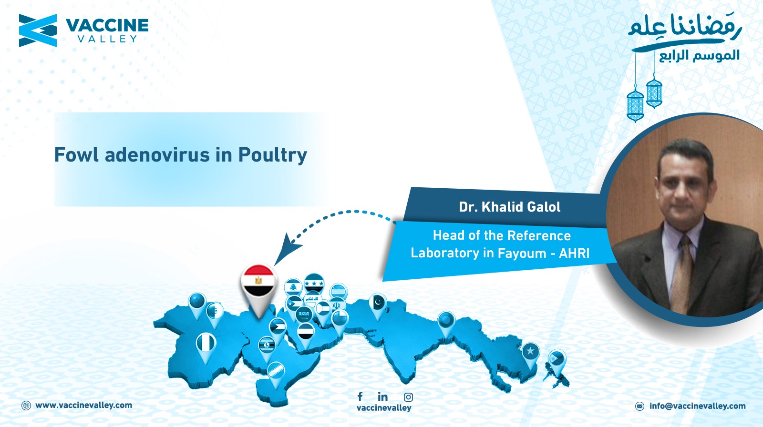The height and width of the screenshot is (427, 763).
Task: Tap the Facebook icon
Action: [x=360, y=396]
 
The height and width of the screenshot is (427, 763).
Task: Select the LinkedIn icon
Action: [x=382, y=396]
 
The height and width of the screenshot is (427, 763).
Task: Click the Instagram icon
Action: [x=408, y=397]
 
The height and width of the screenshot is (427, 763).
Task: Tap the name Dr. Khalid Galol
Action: [x=510, y=207]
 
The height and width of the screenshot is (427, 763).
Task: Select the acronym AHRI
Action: [x=574, y=253]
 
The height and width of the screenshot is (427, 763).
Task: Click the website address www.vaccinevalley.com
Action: [x=84, y=405]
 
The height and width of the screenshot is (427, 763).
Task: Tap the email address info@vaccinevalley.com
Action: [x=697, y=406]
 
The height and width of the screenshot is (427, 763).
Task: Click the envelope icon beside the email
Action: [x=639, y=406]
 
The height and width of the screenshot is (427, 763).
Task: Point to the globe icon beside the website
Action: [x=26, y=406]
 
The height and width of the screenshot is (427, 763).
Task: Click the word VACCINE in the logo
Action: [x=107, y=25]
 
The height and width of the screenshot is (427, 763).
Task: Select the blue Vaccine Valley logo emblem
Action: [x=38, y=30]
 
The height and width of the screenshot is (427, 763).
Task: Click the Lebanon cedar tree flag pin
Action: [x=293, y=287]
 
